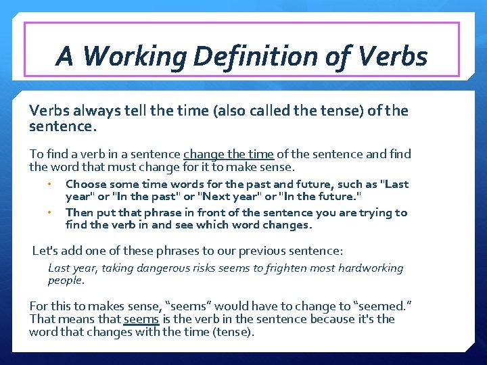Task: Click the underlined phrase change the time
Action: (228, 154)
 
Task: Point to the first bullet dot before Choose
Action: (49, 184)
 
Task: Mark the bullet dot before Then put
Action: (49, 212)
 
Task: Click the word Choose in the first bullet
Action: (85, 184)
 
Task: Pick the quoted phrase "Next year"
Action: (222, 197)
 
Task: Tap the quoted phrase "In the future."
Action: (317, 197)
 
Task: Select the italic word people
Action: (66, 280)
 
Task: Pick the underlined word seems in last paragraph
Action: (141, 319)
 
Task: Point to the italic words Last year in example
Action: (73, 268)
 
